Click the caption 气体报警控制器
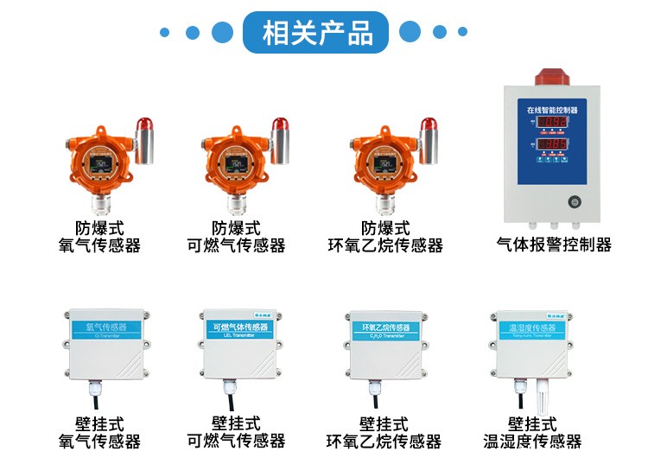(x=554, y=245)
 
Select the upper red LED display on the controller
(x=553, y=124)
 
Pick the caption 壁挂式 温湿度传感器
(x=532, y=433)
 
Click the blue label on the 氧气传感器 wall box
(x=105, y=329)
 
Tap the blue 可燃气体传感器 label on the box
(x=241, y=329)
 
